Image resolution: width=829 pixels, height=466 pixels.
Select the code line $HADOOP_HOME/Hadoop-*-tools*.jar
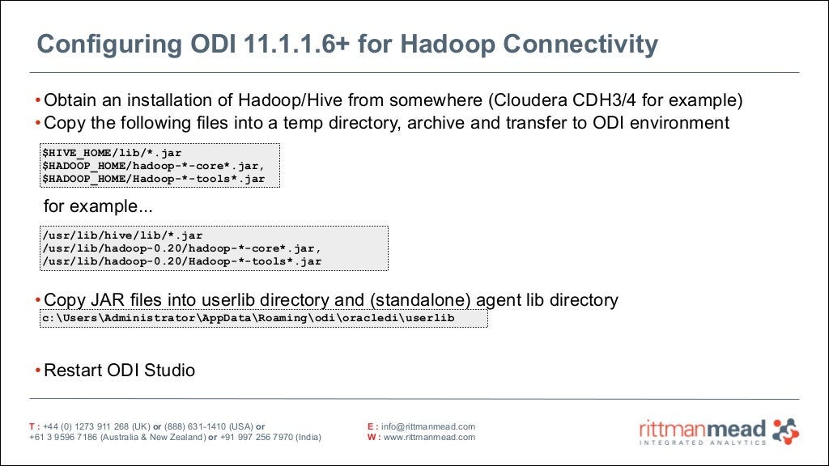pyautogui.click(x=153, y=179)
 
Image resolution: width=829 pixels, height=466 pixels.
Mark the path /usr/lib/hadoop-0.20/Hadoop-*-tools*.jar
pyautogui.click(x=182, y=261)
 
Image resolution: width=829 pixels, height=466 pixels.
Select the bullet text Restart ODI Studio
pyautogui.click(x=119, y=371)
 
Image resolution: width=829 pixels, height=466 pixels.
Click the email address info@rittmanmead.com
pyautogui.click(x=428, y=426)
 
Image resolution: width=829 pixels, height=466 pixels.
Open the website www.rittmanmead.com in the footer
pyautogui.click(x=429, y=437)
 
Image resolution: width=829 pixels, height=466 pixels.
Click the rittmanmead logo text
pyautogui.click(x=702, y=427)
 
